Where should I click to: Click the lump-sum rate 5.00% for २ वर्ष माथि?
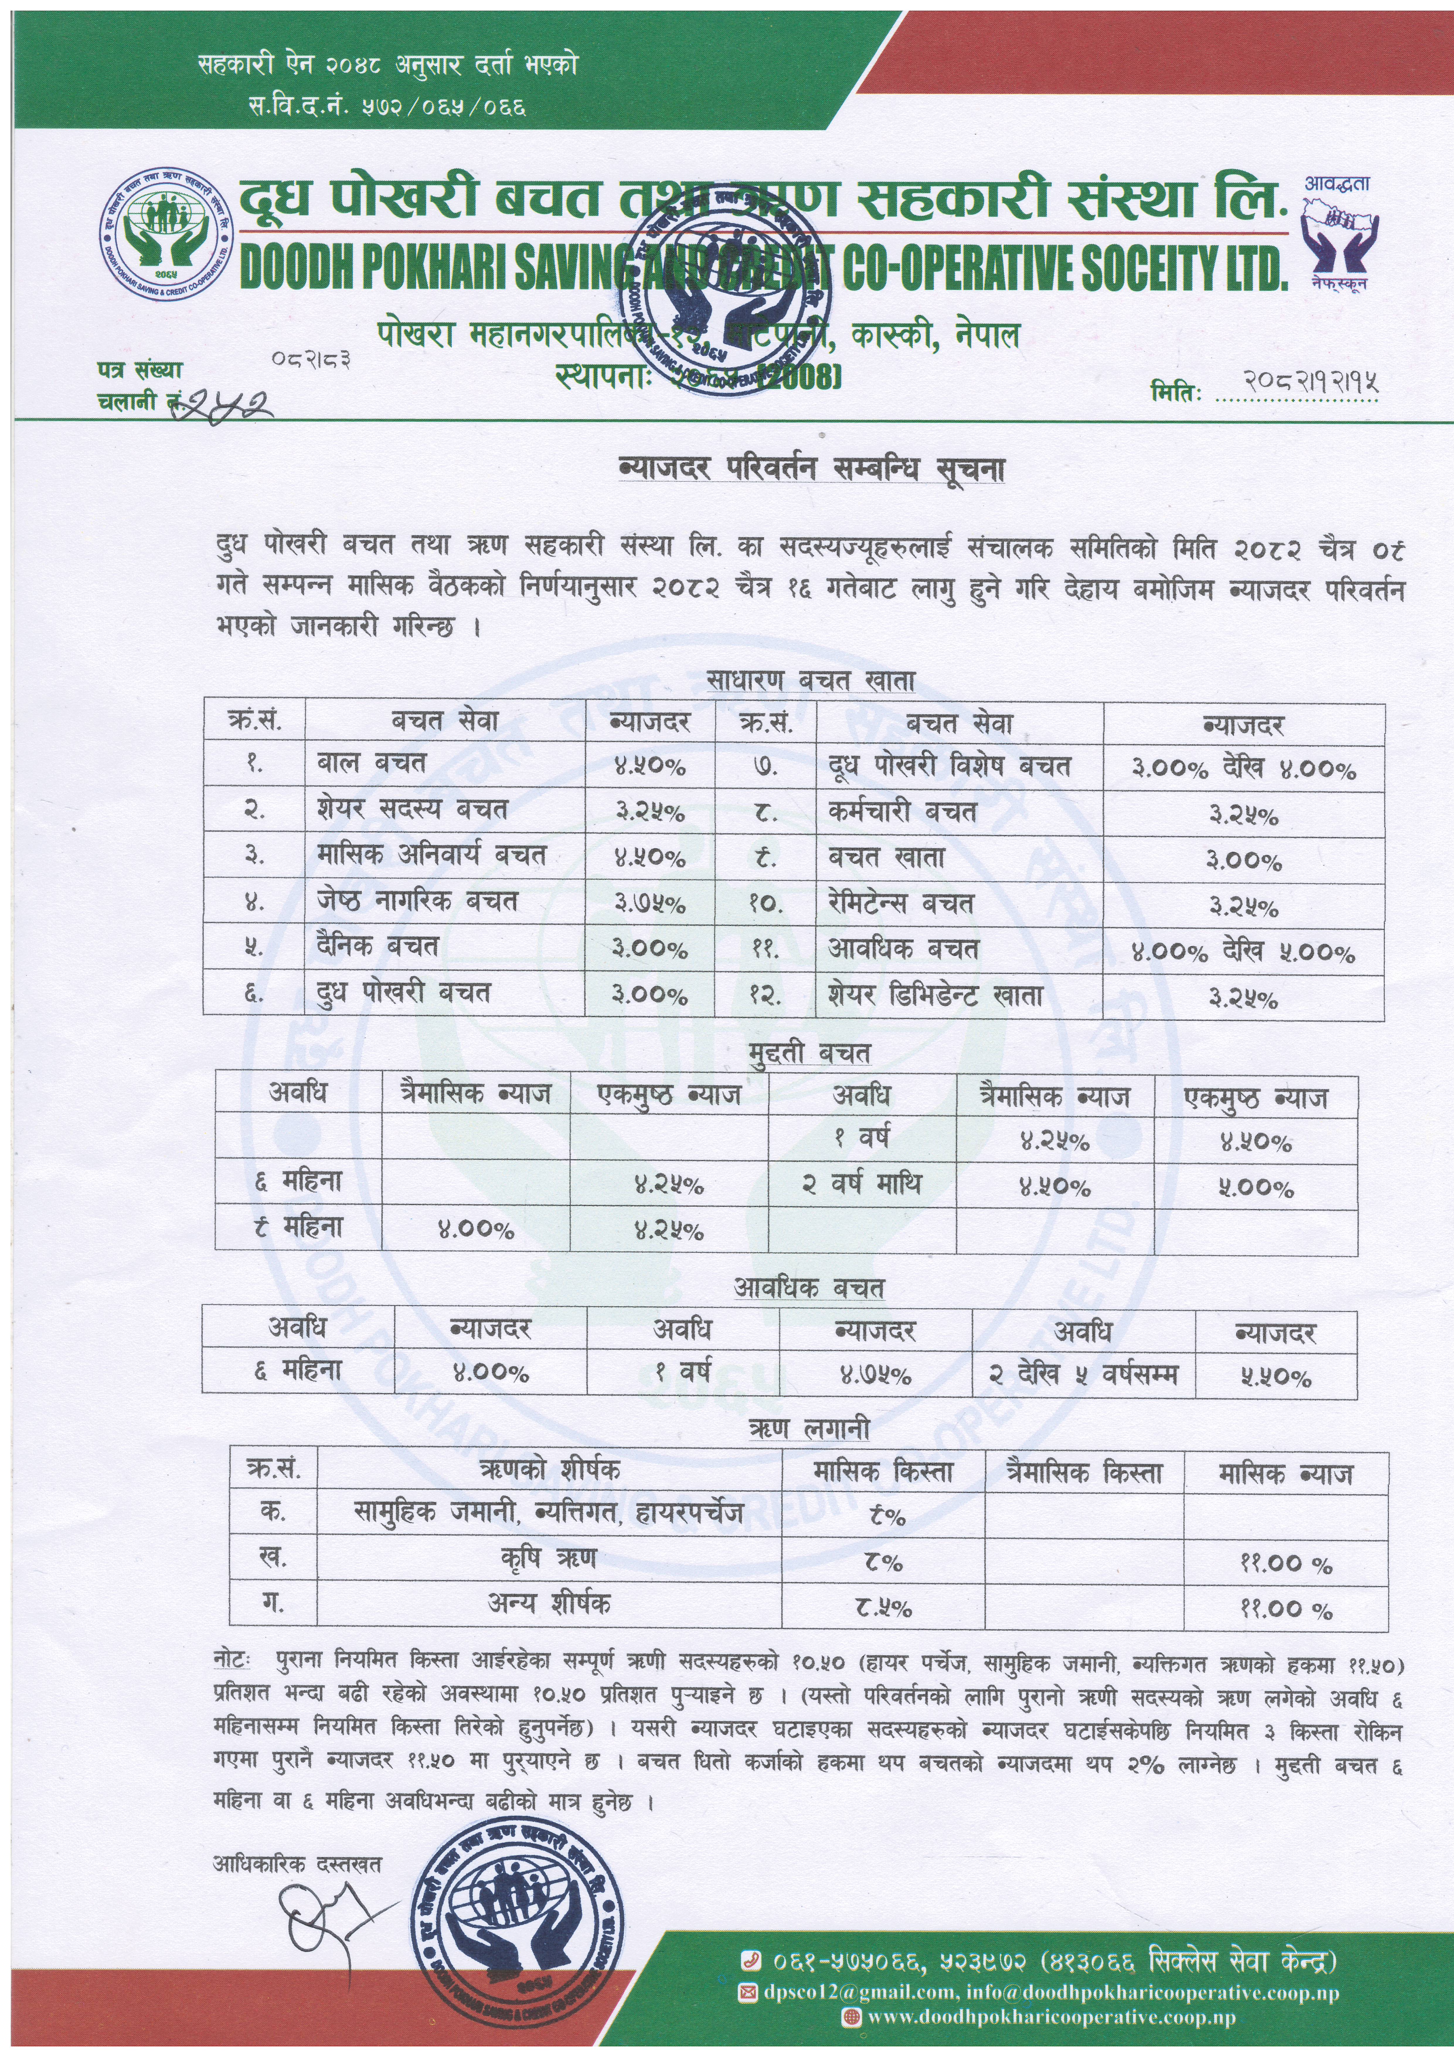tap(1255, 1189)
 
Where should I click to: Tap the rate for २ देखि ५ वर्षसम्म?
tap(1276, 1376)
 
